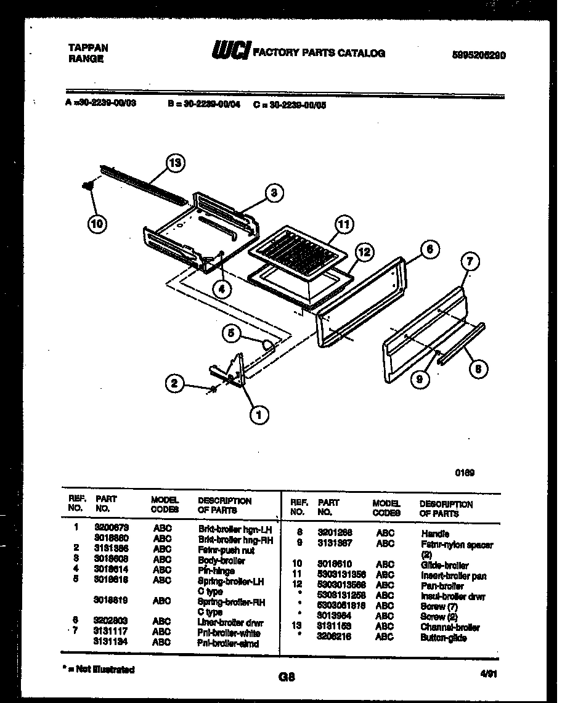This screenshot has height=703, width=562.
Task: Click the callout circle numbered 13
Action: tap(176, 163)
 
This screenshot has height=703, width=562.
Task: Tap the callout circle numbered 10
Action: tap(97, 224)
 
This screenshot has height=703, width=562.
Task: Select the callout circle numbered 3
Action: tap(274, 193)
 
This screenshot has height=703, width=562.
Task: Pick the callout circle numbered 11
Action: tap(343, 225)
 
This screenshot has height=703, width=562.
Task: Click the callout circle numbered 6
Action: tap(429, 249)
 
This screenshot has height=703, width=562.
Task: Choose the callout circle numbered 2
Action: tap(174, 384)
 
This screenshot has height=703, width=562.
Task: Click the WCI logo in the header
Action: tap(230, 52)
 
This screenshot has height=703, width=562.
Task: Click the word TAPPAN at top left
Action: tap(88, 47)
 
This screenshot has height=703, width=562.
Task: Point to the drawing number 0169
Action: tap(465, 474)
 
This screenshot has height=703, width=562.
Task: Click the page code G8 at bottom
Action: tap(287, 677)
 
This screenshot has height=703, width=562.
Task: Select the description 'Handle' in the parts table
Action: tap(435, 534)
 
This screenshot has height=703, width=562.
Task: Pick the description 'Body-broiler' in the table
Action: tap(221, 561)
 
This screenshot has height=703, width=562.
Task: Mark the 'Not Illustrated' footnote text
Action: tap(101, 669)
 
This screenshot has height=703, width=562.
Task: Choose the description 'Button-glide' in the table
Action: tap(443, 638)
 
